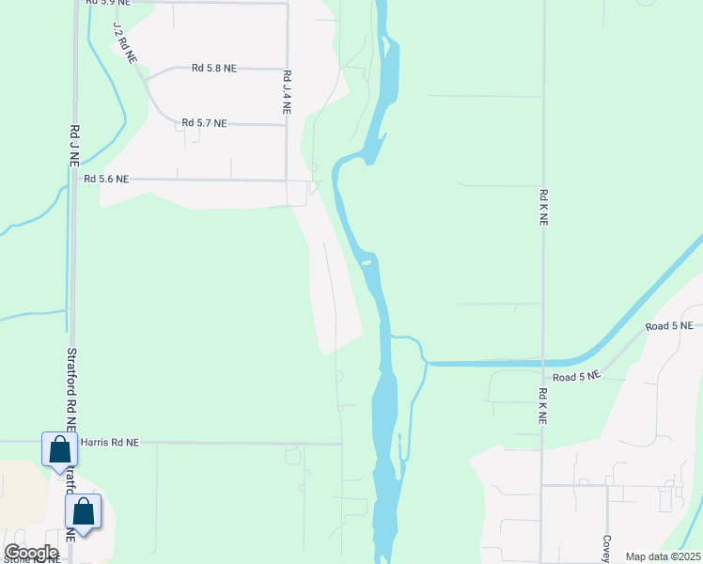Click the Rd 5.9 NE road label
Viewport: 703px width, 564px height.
(x=106, y=3)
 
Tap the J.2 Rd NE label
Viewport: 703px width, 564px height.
(x=124, y=43)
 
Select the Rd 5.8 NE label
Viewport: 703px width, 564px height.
(x=214, y=69)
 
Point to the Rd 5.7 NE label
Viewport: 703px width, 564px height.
(x=205, y=123)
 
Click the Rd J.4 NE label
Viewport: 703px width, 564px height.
(x=287, y=92)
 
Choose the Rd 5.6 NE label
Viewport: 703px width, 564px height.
(x=106, y=179)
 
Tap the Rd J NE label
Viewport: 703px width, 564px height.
(x=74, y=146)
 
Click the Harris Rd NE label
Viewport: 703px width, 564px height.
(x=110, y=441)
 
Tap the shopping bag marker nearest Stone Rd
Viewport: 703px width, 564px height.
(x=84, y=512)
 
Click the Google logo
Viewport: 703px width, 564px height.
(x=31, y=553)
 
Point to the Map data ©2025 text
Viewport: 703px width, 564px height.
(x=662, y=556)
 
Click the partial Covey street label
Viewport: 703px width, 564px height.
(x=607, y=548)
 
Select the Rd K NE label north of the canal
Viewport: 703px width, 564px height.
(x=543, y=207)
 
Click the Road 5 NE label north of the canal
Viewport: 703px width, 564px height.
(x=668, y=326)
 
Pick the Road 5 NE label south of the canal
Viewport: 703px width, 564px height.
(x=576, y=377)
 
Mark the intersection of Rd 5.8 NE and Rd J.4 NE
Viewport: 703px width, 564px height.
(x=287, y=69)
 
